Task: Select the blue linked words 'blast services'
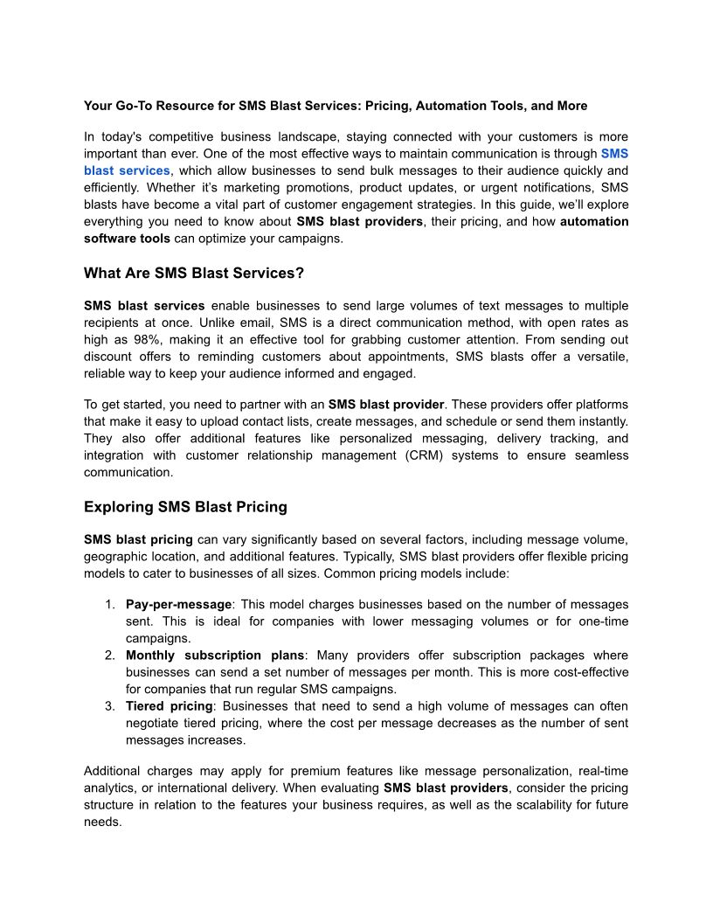click(x=127, y=170)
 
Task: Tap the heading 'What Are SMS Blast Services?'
click(x=194, y=273)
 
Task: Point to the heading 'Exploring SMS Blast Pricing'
click(x=185, y=507)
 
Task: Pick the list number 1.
click(x=109, y=605)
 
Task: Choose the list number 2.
click(x=109, y=656)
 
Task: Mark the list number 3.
click(x=109, y=706)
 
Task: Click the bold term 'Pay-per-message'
click(x=179, y=605)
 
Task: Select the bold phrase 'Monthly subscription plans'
click(x=216, y=656)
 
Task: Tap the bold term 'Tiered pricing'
click(x=170, y=706)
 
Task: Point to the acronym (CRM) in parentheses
click(x=433, y=455)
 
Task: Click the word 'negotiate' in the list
click(x=153, y=723)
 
